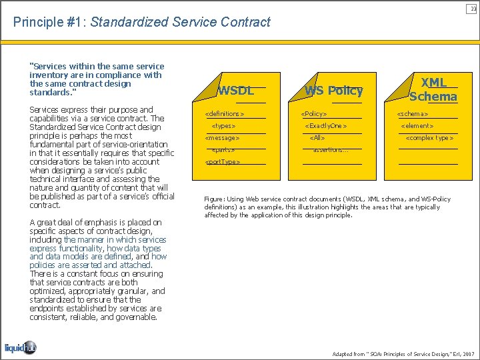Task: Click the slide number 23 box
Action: pos(472,8)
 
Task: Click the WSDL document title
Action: pos(236,91)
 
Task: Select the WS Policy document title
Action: pos(333,91)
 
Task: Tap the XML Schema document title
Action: pos(433,89)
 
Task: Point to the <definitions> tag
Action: pos(225,114)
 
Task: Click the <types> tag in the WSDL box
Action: pos(223,126)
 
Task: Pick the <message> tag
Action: pos(222,138)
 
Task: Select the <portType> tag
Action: pos(223,162)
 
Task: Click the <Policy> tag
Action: pos(314,114)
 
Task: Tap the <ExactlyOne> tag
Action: pos(326,126)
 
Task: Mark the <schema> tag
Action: pos(413,114)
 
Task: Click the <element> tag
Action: pos(417,126)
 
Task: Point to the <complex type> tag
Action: pos(430,138)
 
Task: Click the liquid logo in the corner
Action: pos(21,347)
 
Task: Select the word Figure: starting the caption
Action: pos(215,199)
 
